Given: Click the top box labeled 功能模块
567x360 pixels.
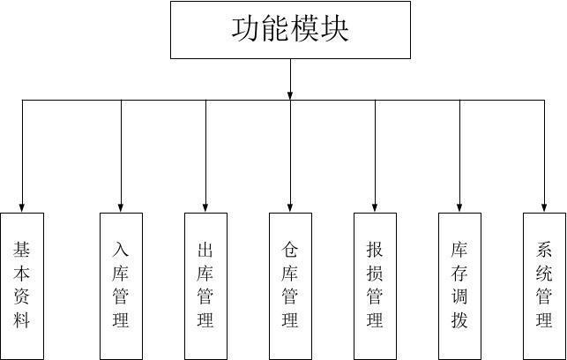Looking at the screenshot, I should pos(290,30).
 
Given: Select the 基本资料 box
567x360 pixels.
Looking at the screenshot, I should pos(22,285).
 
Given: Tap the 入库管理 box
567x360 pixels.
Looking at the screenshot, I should pos(122,285).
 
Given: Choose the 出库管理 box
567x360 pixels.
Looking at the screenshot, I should pos(205,285).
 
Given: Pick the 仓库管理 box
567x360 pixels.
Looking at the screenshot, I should pos(290,285).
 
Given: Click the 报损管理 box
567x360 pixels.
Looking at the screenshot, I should pos(375,285).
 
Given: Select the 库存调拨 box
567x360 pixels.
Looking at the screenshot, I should pos(459,285).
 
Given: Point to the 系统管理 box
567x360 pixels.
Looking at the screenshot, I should pos(544,285).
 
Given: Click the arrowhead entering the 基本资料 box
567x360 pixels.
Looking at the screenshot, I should pos(22,206).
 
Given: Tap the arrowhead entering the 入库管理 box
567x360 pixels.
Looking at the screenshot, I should pos(122,206).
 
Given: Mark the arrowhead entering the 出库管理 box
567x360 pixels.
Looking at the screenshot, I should pos(205,206).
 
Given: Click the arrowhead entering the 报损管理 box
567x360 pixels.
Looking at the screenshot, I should pos(375,206).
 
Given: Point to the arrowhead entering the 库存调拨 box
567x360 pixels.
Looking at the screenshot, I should pos(459,206).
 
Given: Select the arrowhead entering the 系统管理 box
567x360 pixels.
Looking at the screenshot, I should pos(544,206).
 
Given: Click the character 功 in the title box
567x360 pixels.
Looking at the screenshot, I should pos(246,29).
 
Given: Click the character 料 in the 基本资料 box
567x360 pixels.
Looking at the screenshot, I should pos(22,320).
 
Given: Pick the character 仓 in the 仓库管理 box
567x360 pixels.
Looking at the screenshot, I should pos(290,250).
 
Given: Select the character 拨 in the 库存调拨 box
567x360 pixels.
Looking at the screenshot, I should pos(459,320).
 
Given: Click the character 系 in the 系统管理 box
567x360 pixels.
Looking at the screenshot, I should pos(544,250).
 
